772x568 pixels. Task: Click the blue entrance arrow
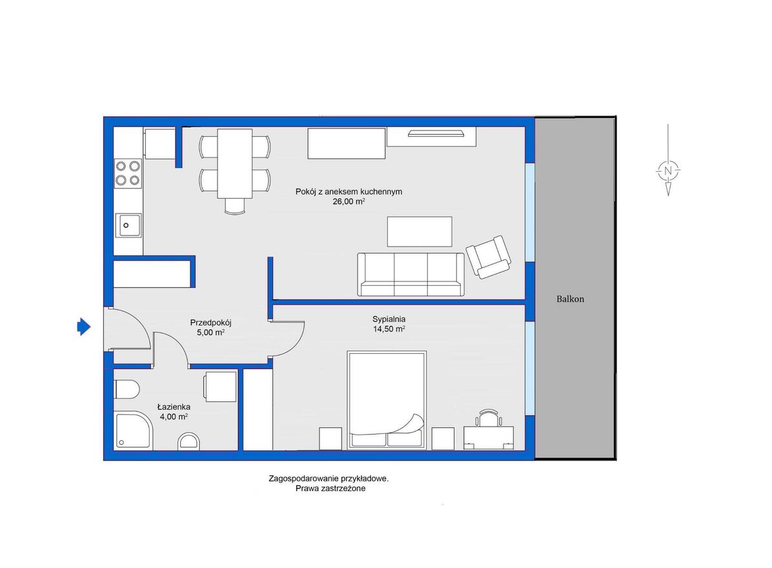[x=84, y=327]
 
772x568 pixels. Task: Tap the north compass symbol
[x=668, y=170]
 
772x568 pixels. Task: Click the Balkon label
[x=570, y=299]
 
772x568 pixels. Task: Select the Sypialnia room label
[x=389, y=319]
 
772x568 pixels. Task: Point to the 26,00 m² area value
[x=349, y=201]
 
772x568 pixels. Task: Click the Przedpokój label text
[x=210, y=323]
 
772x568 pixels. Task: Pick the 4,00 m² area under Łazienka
[x=173, y=416]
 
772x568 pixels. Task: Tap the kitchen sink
[x=128, y=225]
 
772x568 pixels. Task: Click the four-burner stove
[x=128, y=173]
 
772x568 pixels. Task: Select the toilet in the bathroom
[x=127, y=389]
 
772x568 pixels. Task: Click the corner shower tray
[x=134, y=431]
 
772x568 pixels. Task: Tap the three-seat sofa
[x=411, y=274]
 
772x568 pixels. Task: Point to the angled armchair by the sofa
[x=489, y=256]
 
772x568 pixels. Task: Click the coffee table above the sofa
[x=420, y=231]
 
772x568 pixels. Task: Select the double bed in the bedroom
[x=387, y=400]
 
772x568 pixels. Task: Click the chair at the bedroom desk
[x=489, y=418]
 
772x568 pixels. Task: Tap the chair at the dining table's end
[x=235, y=206]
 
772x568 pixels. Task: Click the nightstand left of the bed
[x=330, y=438]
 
